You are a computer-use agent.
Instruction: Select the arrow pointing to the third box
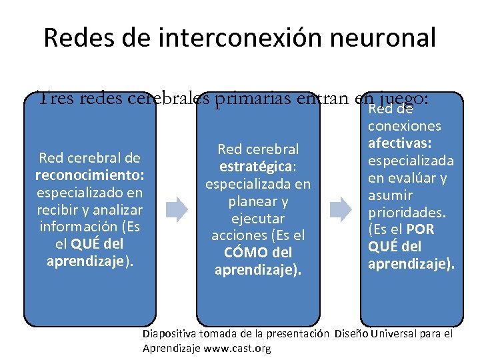tap(341, 209)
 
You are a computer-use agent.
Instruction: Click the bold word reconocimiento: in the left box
tap(89, 176)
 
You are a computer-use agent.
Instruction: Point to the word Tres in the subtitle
tap(56, 99)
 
